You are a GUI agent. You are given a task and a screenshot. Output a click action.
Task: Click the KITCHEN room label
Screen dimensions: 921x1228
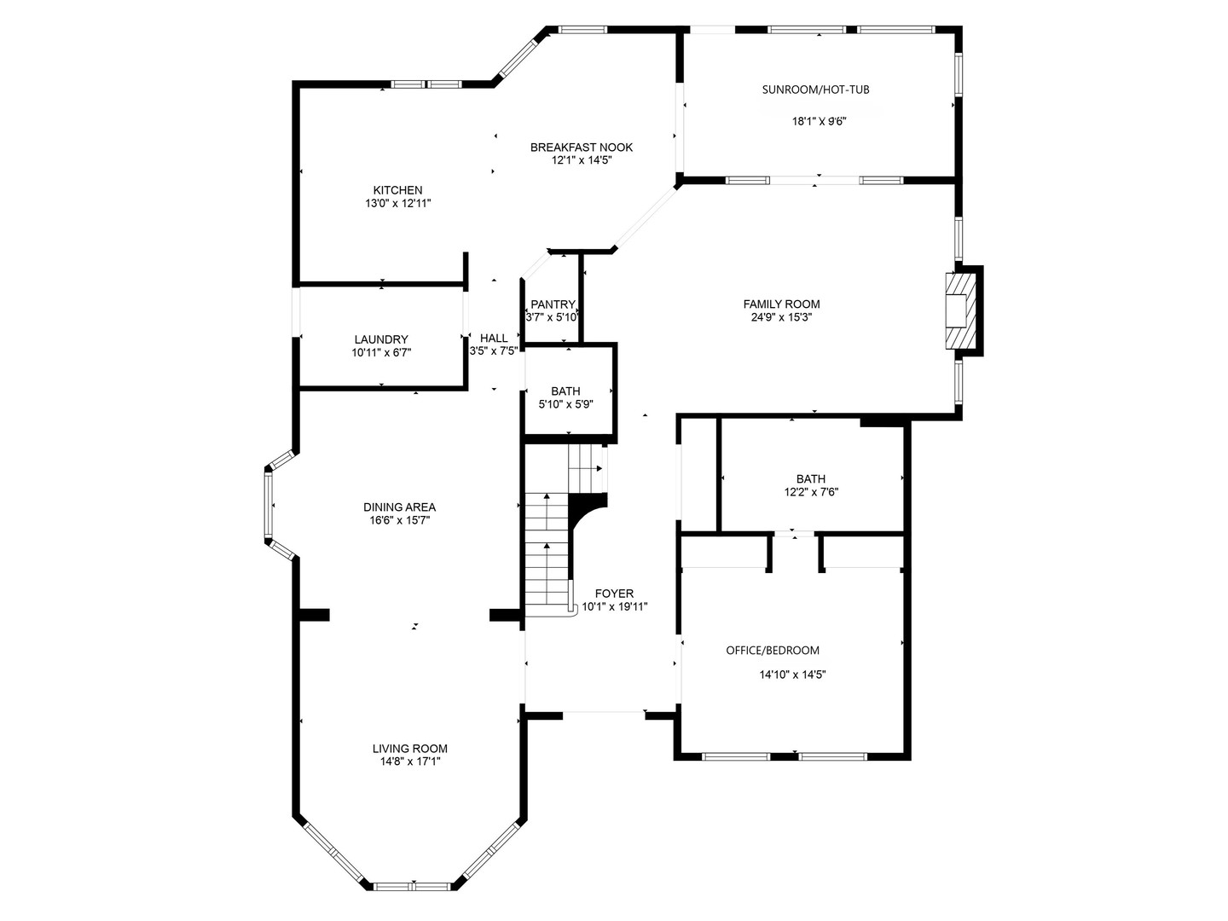click(x=397, y=190)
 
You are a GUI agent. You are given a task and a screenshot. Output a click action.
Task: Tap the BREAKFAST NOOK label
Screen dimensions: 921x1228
click(x=581, y=147)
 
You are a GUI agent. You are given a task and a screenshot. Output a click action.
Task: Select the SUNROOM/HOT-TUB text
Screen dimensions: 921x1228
click(x=815, y=90)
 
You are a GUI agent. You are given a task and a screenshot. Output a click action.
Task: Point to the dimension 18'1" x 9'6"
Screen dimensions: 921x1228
click(x=819, y=121)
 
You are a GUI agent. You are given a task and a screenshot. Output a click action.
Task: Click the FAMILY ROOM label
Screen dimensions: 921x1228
click(x=781, y=304)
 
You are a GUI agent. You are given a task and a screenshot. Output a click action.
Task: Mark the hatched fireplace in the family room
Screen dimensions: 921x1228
click(x=960, y=310)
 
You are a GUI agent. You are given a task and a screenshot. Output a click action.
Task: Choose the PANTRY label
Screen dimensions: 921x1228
click(x=553, y=304)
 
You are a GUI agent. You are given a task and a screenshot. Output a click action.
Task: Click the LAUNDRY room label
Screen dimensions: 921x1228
click(x=381, y=339)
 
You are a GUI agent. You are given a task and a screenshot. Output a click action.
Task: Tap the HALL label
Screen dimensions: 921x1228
click(x=494, y=338)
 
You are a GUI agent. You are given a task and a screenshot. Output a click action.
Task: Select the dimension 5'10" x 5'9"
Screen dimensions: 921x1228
click(x=565, y=404)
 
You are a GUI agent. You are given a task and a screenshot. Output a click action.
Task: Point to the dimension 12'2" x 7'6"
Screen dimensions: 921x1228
click(x=811, y=492)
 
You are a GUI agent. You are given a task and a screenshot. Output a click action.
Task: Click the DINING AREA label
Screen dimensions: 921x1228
click(x=399, y=507)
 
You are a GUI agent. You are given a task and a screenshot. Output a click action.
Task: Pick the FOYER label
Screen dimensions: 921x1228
click(x=614, y=594)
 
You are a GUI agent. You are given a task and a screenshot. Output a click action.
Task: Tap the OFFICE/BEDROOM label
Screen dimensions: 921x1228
click(x=773, y=650)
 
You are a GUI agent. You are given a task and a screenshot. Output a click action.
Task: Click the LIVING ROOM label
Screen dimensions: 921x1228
click(x=409, y=749)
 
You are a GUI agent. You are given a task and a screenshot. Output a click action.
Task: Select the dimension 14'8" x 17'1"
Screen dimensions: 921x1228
click(x=410, y=762)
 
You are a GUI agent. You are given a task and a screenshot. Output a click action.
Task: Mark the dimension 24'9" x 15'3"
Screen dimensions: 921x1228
click(x=781, y=317)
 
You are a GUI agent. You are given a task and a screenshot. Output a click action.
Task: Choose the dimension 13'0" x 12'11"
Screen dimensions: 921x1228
click(x=397, y=204)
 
